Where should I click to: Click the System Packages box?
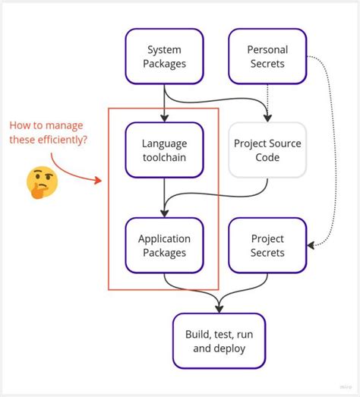tap(164, 55)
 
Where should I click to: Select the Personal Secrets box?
tap(267, 55)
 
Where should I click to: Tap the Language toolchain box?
tap(164, 150)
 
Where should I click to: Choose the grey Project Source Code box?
tap(267, 150)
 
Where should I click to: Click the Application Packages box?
tap(164, 245)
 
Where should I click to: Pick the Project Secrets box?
tap(267, 245)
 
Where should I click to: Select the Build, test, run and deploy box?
tap(219, 341)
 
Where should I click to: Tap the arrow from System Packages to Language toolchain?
tap(164, 102)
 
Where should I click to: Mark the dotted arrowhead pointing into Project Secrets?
tap(310, 245)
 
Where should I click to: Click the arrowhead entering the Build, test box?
tap(219, 308)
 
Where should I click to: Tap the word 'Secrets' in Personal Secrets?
tap(267, 63)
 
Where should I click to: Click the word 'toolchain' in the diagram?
tap(164, 157)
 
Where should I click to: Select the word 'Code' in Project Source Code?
tap(267, 157)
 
